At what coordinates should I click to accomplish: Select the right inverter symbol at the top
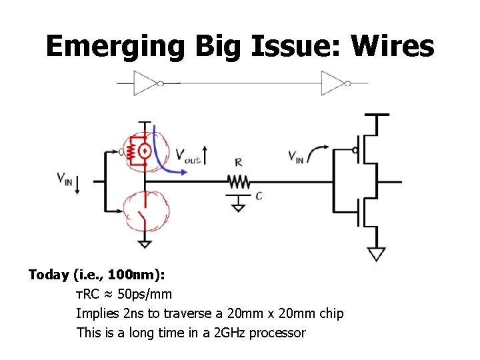pyautogui.click(x=333, y=83)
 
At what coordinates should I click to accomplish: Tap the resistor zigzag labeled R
pyautogui.click(x=239, y=181)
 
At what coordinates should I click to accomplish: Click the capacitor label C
pyautogui.click(x=259, y=196)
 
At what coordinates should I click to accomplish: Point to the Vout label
pyautogui.click(x=187, y=157)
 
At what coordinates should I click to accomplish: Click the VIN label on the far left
pyautogui.click(x=65, y=179)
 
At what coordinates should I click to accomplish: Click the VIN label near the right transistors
pyautogui.click(x=297, y=156)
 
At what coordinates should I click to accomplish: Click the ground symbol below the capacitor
pyautogui.click(x=238, y=206)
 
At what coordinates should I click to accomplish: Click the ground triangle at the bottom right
pyautogui.click(x=376, y=255)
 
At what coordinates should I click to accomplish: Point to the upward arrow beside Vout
pyautogui.click(x=206, y=155)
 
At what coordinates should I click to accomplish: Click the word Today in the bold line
pyautogui.click(x=49, y=275)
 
